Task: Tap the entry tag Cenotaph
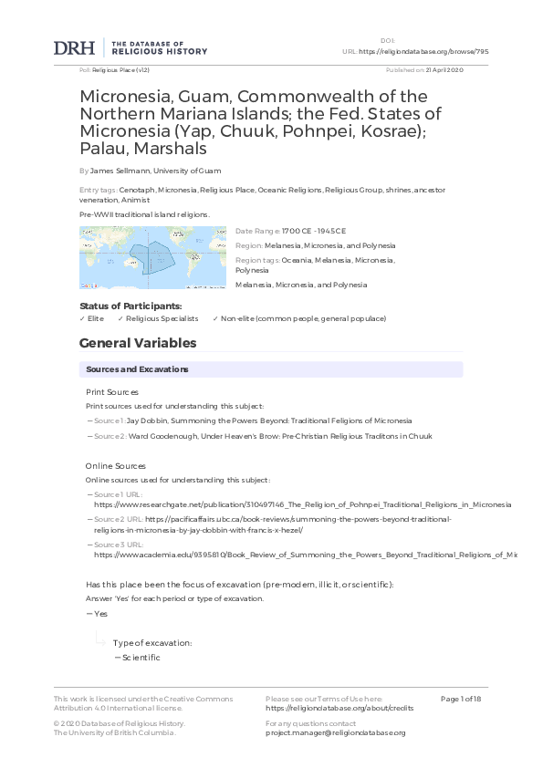[137, 189]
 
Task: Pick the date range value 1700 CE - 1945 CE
[314, 232]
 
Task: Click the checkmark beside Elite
[82, 318]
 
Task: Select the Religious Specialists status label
[162, 318]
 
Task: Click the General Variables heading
[138, 344]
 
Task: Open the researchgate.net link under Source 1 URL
[302, 503]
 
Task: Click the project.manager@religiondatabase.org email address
[335, 732]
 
